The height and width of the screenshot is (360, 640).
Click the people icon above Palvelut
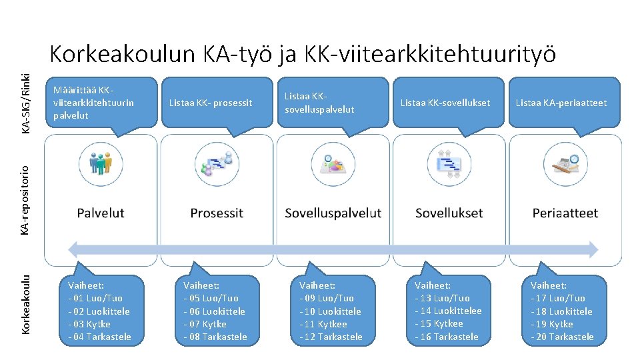pyautogui.click(x=101, y=162)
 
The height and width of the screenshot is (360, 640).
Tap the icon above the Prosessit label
pyautogui.click(x=217, y=162)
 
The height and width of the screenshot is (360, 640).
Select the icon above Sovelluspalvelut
pyautogui.click(x=333, y=162)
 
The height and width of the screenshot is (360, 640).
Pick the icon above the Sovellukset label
pyautogui.click(x=449, y=162)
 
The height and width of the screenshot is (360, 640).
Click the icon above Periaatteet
pyautogui.click(x=565, y=162)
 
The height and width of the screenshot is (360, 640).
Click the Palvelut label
pyautogui.click(x=101, y=213)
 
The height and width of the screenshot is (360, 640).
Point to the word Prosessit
pyautogui.click(x=217, y=213)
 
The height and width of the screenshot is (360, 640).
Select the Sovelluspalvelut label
pyautogui.click(x=333, y=213)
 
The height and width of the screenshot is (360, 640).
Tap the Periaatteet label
pyautogui.click(x=565, y=213)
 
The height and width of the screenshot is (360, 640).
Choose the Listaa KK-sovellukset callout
pyautogui.click(x=445, y=103)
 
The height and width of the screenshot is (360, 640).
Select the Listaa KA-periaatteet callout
pyautogui.click(x=561, y=103)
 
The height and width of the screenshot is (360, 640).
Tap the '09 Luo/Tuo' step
pyautogui.click(x=327, y=298)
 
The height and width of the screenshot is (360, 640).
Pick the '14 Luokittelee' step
pyautogui.click(x=448, y=311)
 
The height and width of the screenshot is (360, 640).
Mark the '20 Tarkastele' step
pyautogui.click(x=562, y=337)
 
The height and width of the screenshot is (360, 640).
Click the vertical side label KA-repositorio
pyautogui.click(x=25, y=200)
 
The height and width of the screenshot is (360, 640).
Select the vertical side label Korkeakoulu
pyautogui.click(x=25, y=304)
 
